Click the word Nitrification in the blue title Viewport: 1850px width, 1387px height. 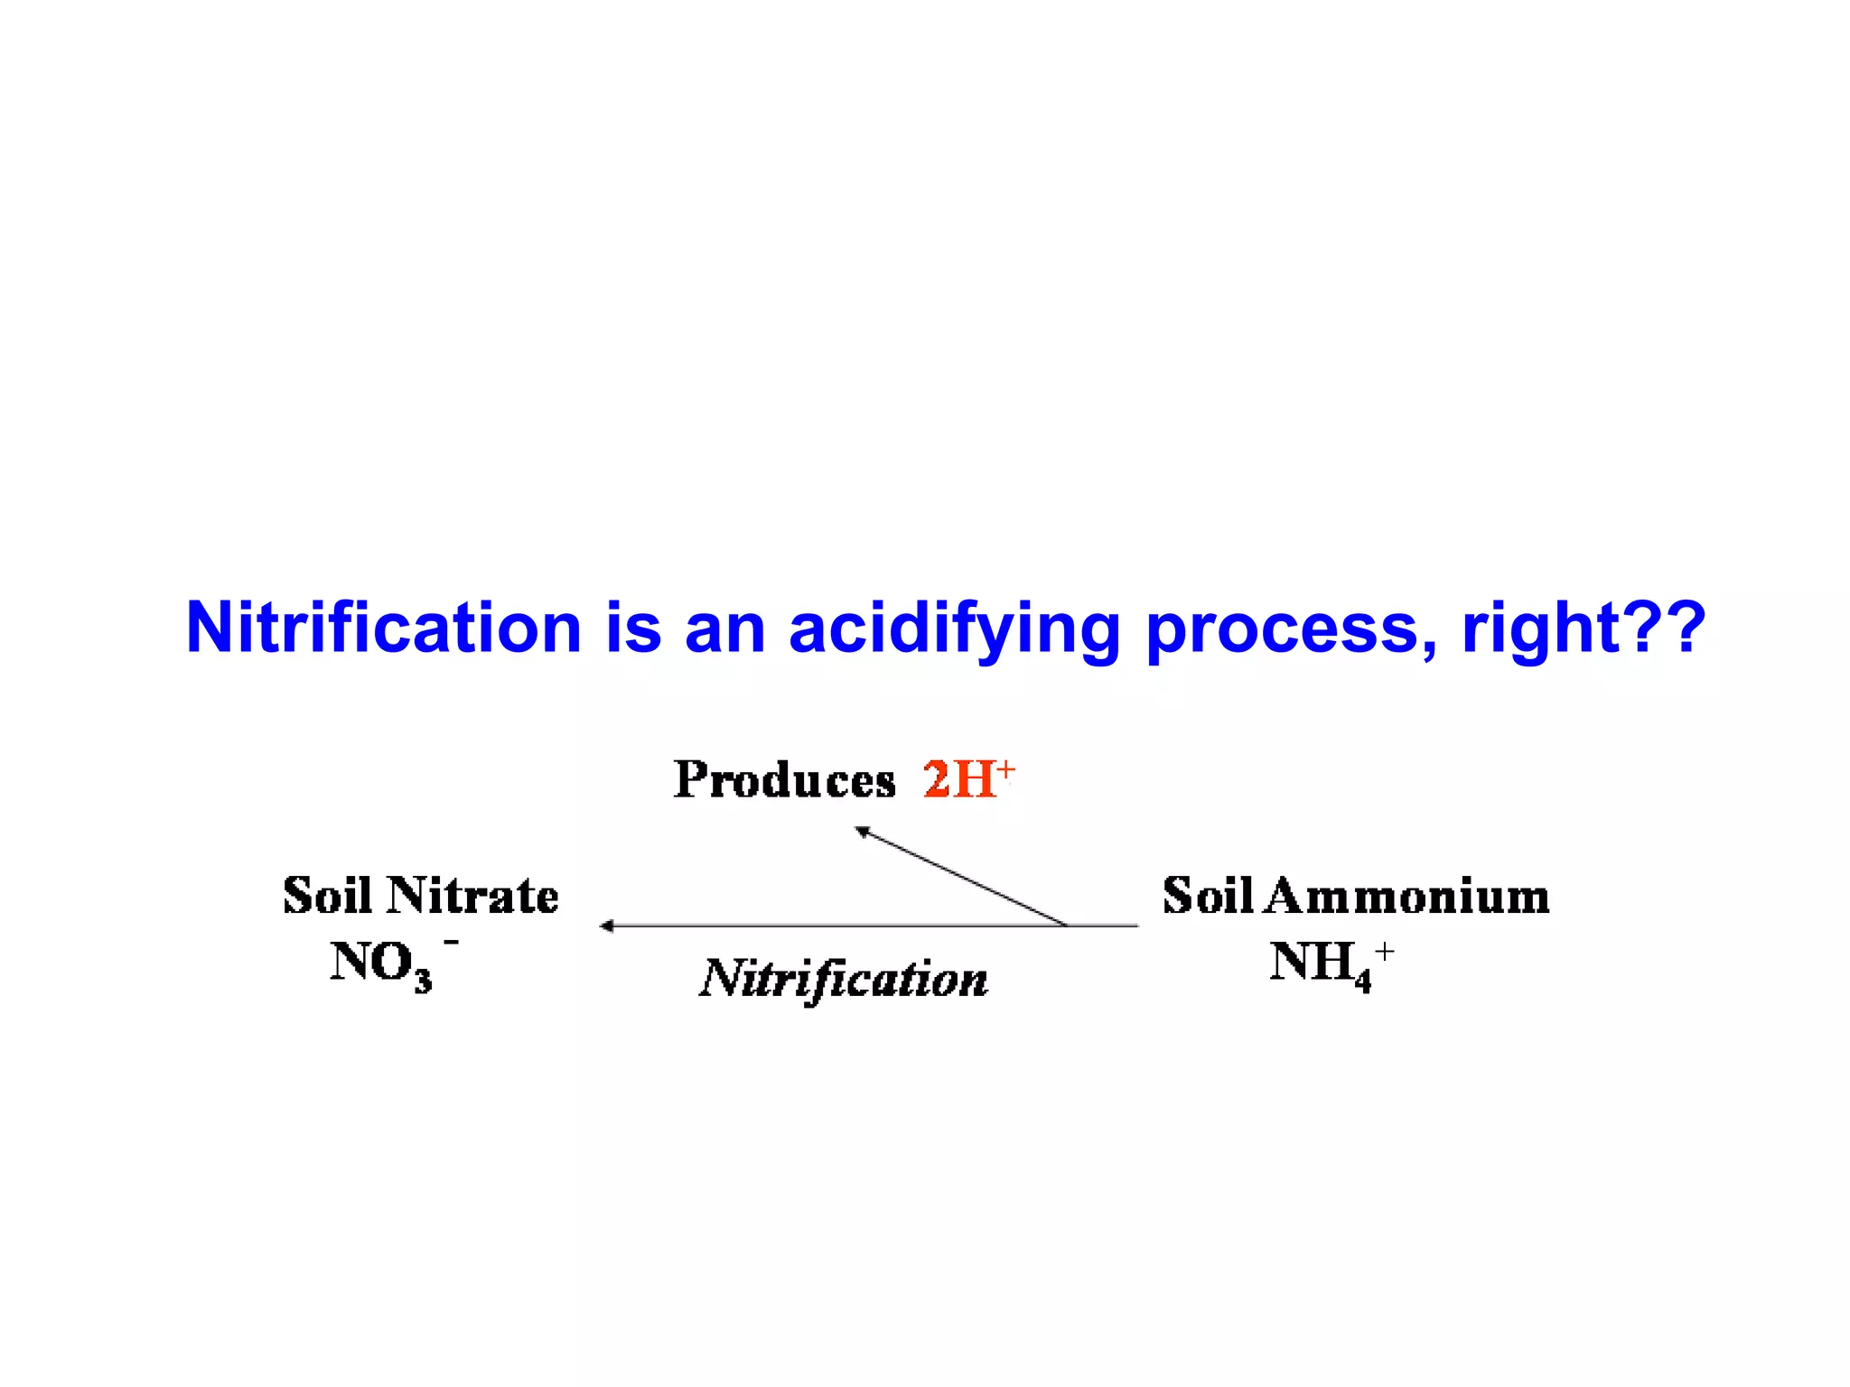click(x=384, y=628)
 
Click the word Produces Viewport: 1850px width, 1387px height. click(x=784, y=780)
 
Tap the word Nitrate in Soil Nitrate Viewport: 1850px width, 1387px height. click(x=472, y=896)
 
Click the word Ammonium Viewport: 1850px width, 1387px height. click(x=1407, y=896)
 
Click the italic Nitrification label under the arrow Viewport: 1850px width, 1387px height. click(x=844, y=979)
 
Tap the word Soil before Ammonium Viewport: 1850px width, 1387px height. click(x=1208, y=896)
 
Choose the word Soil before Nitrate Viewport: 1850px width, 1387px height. click(x=328, y=896)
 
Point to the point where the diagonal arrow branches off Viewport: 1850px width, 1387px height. click(x=1067, y=926)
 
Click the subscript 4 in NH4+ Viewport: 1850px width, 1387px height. click(x=1362, y=980)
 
